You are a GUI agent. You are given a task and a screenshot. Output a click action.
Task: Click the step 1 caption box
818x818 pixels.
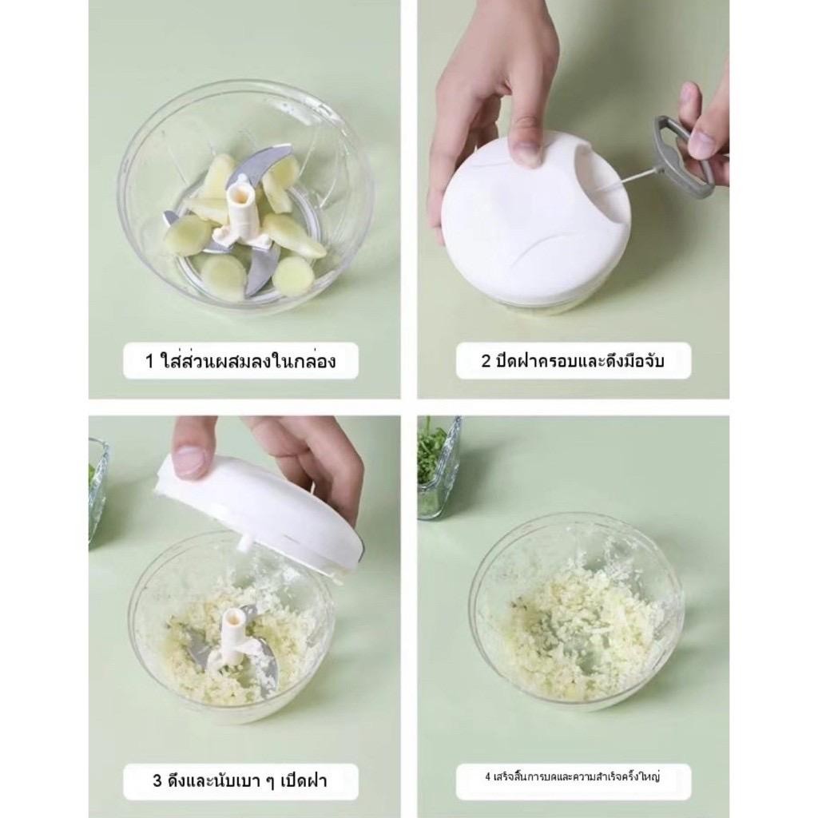(x=240, y=360)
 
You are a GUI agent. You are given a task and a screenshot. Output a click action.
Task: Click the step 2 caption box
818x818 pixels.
(x=573, y=360)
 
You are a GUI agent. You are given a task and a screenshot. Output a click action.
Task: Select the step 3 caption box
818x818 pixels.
(x=240, y=781)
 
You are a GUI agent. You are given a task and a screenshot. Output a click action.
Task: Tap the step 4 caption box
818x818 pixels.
(x=573, y=781)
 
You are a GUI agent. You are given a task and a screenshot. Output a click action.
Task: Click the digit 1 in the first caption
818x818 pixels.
(x=150, y=361)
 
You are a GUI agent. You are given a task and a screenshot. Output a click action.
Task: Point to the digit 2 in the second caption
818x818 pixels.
(x=486, y=361)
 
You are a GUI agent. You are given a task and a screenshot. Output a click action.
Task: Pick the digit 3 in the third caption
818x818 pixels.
(x=157, y=781)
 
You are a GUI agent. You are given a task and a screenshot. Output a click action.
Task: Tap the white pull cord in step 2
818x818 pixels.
(x=633, y=178)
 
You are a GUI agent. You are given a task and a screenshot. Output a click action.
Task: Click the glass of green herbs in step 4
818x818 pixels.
(x=438, y=467)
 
